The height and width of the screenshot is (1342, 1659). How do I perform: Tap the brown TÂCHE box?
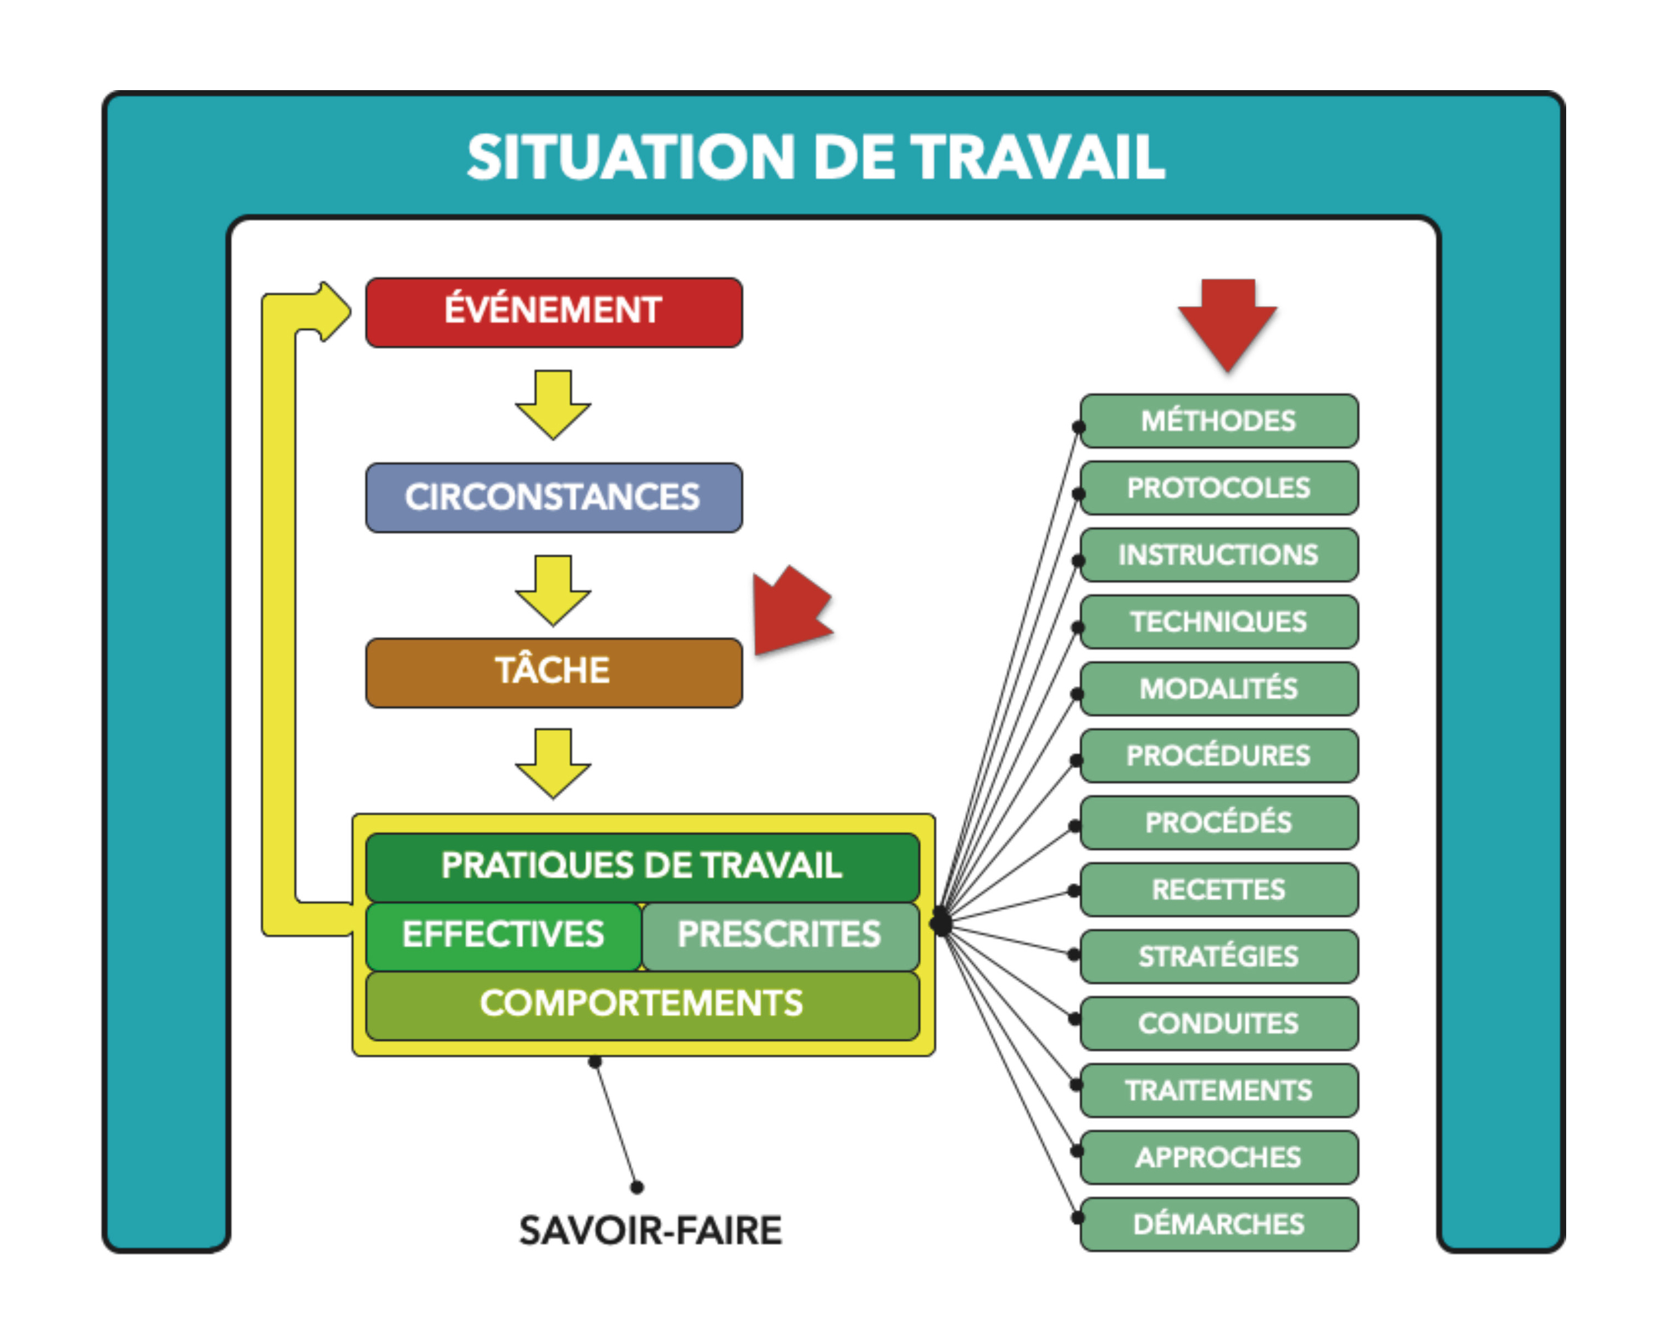coord(553,672)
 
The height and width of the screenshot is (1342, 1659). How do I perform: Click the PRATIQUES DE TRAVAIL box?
coord(641,866)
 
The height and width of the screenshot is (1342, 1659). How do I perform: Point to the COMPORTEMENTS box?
coord(641,1004)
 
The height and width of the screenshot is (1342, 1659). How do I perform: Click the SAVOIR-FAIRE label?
coord(650,1230)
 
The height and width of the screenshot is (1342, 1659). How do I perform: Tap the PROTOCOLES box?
coord(1218,488)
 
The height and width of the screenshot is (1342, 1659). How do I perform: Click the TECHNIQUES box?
coord(1218,622)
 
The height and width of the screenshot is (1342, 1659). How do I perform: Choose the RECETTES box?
coord(1218,890)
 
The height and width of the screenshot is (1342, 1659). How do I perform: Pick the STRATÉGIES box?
coord(1218,957)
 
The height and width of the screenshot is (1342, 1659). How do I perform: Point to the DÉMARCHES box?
coord(1218,1224)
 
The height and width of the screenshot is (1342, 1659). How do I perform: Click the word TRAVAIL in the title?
coord(1037,157)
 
